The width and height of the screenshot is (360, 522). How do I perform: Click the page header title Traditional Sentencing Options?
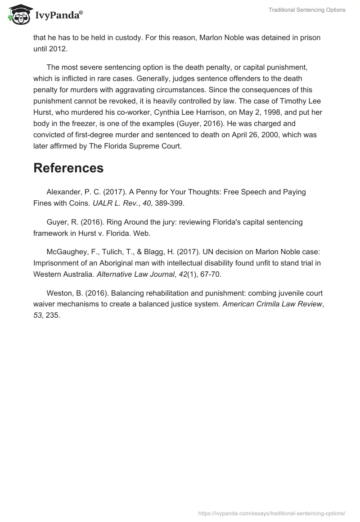tap(307, 10)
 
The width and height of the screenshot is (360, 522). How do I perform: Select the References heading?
tap(68, 168)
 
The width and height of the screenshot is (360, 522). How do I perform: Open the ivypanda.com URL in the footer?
tap(272, 513)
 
